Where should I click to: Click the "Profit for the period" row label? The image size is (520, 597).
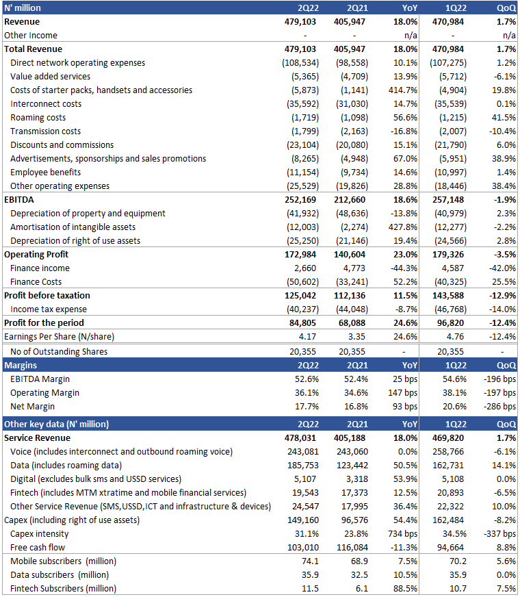44,322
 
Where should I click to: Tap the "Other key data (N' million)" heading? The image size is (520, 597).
56,424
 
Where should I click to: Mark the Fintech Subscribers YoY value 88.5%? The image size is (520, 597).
403,588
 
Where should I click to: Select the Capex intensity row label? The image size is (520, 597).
39,533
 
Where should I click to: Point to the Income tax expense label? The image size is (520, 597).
44,309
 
